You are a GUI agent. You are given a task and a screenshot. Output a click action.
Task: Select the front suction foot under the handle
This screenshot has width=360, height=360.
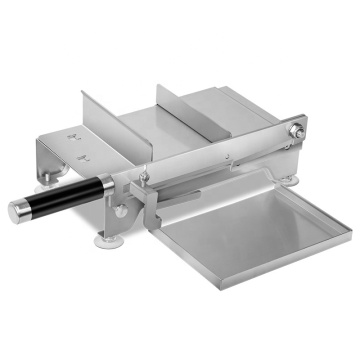pos(106,238)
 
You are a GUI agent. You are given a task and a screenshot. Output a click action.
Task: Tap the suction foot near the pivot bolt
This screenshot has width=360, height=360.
pos(290,180)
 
